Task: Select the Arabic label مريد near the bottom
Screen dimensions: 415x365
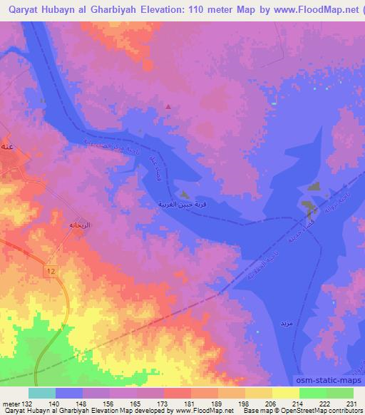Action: click(x=287, y=324)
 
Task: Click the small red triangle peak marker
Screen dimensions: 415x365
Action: click(x=168, y=107)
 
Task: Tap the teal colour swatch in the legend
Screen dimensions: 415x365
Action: click(x=42, y=393)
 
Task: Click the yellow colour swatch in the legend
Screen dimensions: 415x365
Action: click(x=285, y=393)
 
